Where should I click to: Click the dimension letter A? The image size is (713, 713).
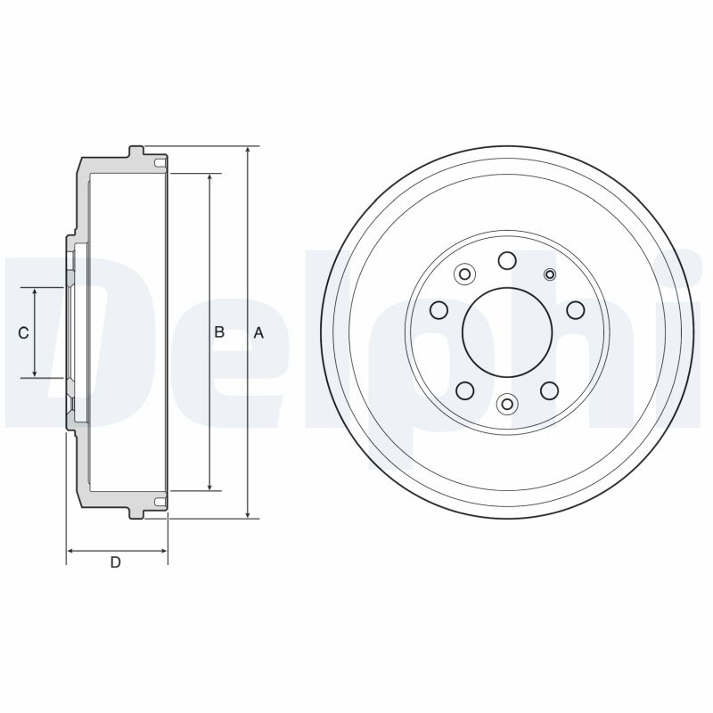pyautogui.click(x=258, y=332)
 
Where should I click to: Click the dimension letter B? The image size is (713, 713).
pyautogui.click(x=219, y=332)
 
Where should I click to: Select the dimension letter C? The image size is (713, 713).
pyautogui.click(x=23, y=333)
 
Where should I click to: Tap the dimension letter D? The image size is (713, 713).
pyautogui.click(x=116, y=562)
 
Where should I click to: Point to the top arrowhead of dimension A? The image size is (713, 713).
pyautogui.click(x=248, y=151)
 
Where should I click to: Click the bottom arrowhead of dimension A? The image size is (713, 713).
pyautogui.click(x=248, y=513)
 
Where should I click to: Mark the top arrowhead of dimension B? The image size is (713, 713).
pyautogui.click(x=209, y=178)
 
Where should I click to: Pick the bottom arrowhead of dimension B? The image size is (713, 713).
pyautogui.click(x=209, y=486)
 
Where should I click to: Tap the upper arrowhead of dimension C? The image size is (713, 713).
pyautogui.click(x=35, y=292)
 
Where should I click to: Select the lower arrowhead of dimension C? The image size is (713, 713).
pyautogui.click(x=35, y=373)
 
